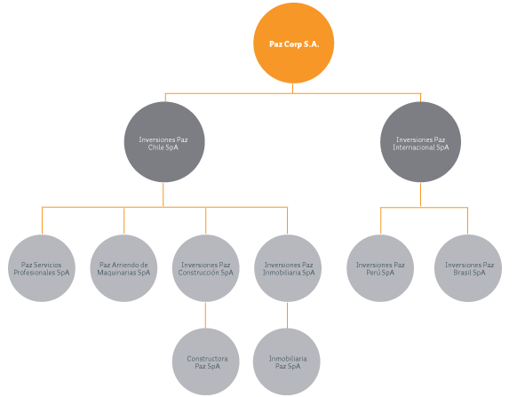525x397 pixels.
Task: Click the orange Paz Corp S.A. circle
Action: pyautogui.click(x=293, y=44)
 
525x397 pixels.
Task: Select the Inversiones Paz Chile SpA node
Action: pyautogui.click(x=164, y=142)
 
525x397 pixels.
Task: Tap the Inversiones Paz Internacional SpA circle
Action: pyautogui.click(x=420, y=142)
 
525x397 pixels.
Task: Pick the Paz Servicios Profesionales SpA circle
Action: pyautogui.click(x=42, y=268)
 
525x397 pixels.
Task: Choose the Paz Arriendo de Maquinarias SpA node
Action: pyautogui.click(x=123, y=268)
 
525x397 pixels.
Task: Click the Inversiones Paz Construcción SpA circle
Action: pyautogui.click(x=205, y=268)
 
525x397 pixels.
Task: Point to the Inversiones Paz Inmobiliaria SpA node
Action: pyautogui.click(x=288, y=268)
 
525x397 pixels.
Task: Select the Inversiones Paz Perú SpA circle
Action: pyautogui.click(x=380, y=268)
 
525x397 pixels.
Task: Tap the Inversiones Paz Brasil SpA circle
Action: pyautogui.click(x=468, y=268)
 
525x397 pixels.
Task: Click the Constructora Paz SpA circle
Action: pyautogui.click(x=205, y=361)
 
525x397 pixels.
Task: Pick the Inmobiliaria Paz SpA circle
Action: pyautogui.click(x=287, y=361)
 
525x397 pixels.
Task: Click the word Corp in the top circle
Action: pyautogui.click(x=293, y=44)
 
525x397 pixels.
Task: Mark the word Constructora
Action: pyautogui.click(x=207, y=359)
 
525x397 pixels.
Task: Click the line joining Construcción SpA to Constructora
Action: pyautogui.click(x=205, y=315)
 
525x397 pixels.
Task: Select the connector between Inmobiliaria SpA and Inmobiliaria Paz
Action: pyautogui.click(x=287, y=315)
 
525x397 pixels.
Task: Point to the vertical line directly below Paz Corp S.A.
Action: pyautogui.click(x=292, y=88)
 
